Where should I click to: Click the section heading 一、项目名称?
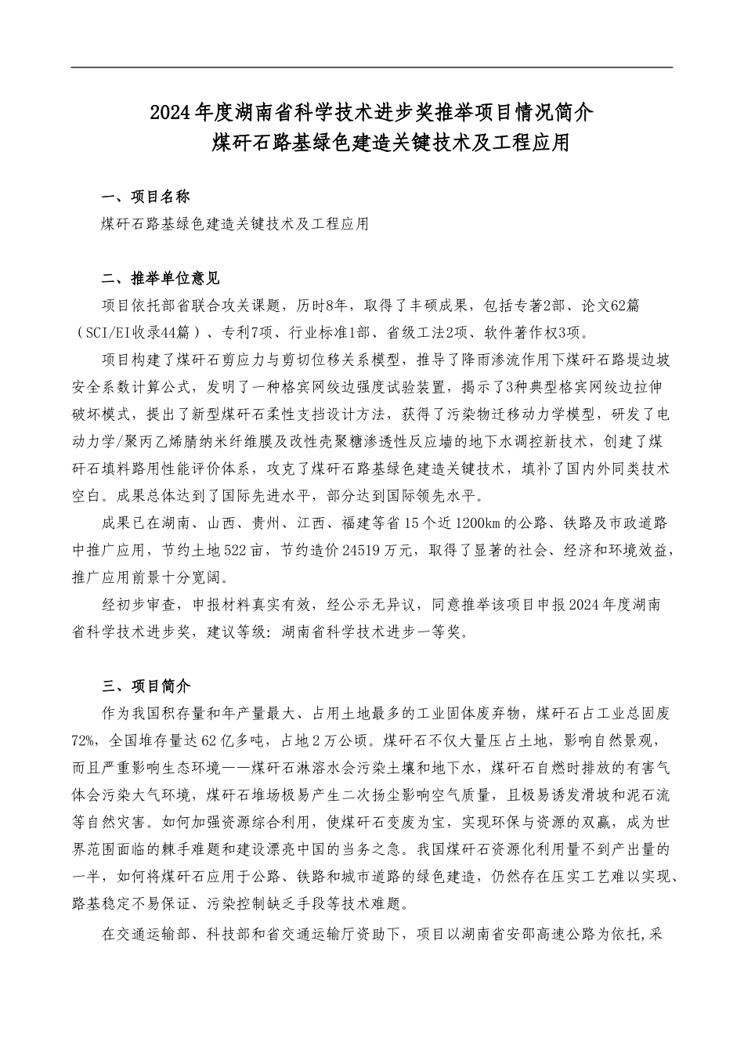[146, 196]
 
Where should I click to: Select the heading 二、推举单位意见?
[161, 278]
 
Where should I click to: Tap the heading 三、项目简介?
[146, 686]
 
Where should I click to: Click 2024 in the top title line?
[172, 113]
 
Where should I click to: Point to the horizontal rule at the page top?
[371, 67]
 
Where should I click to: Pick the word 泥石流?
[649, 796]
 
